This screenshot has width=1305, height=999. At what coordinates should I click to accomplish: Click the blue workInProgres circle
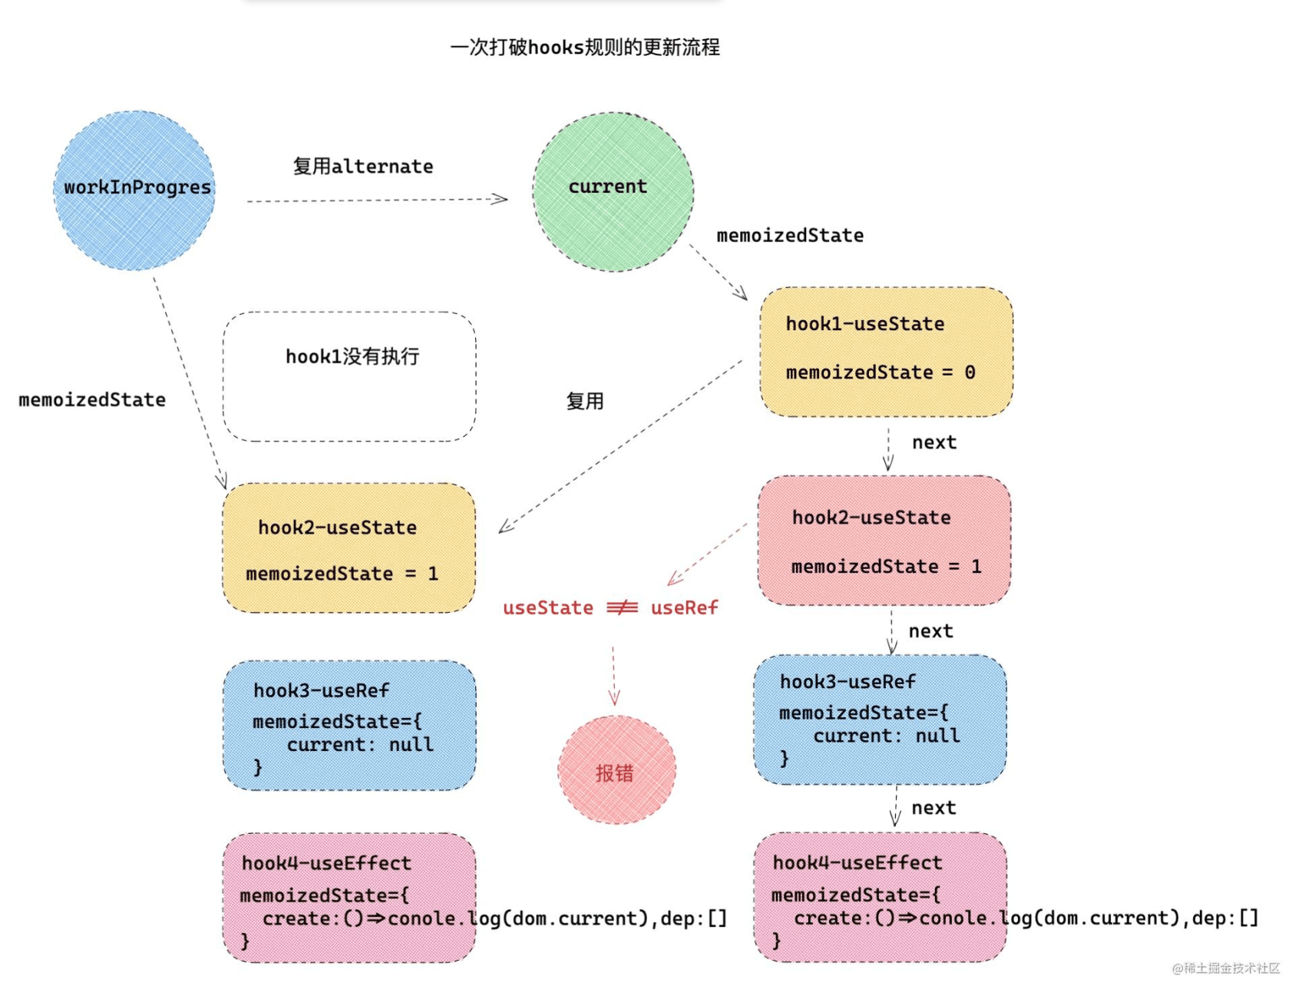click(x=134, y=190)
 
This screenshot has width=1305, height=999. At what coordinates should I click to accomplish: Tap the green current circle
click(x=613, y=192)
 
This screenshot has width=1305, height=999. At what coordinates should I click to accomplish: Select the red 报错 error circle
click(x=616, y=770)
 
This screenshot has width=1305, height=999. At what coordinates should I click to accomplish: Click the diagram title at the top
click(x=585, y=48)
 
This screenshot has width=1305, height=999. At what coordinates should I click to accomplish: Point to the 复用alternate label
click(x=363, y=167)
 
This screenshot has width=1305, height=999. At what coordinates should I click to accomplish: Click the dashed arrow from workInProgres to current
click(x=376, y=200)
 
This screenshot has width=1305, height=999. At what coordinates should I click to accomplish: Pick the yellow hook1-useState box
click(x=886, y=352)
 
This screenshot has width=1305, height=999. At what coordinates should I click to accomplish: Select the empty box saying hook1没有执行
click(x=349, y=376)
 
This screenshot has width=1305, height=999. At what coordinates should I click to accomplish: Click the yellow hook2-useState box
click(x=349, y=547)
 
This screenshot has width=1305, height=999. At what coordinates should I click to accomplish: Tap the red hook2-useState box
click(x=884, y=541)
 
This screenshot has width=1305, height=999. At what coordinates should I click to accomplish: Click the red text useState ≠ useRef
click(x=610, y=608)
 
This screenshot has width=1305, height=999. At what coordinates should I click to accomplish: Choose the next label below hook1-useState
click(x=934, y=443)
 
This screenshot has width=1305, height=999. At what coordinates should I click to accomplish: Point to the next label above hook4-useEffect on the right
click(x=933, y=809)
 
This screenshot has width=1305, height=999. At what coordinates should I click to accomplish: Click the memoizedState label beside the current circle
click(x=790, y=236)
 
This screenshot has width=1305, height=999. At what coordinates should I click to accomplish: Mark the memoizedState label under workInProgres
click(x=92, y=400)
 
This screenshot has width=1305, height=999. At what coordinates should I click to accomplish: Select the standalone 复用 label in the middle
click(x=585, y=402)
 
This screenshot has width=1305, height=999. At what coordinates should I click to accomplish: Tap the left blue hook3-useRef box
click(x=349, y=726)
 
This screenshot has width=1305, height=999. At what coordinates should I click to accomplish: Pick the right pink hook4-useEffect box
click(x=880, y=897)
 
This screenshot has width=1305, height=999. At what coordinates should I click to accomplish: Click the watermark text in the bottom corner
click(x=1226, y=968)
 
